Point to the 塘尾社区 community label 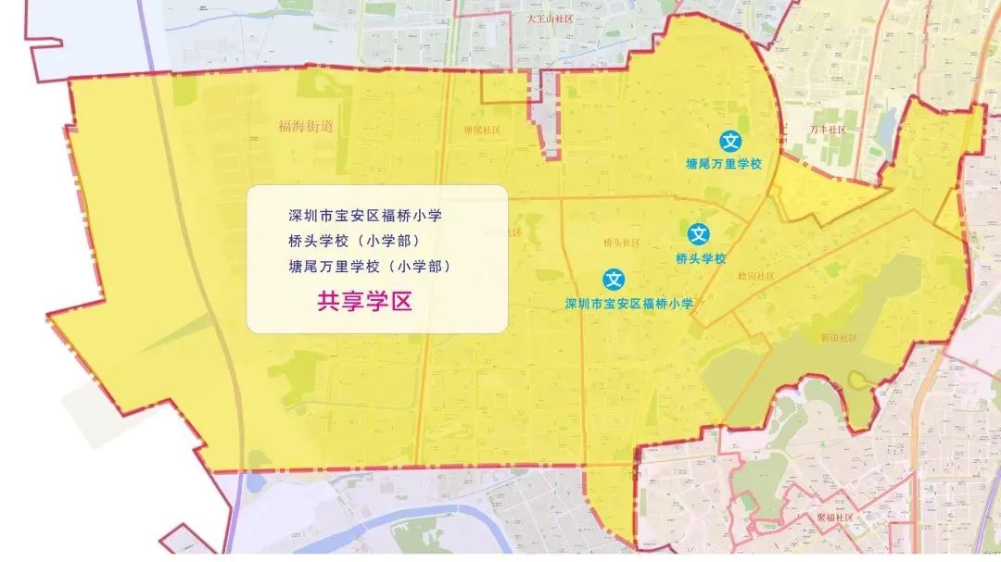(x=482, y=131)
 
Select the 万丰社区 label (x=827, y=130)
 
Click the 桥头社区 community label (x=621, y=243)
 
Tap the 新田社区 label (x=839, y=339)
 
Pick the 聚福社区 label (x=834, y=518)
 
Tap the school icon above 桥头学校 (x=699, y=234)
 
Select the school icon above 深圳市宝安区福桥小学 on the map (x=614, y=279)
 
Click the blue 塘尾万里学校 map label (x=723, y=164)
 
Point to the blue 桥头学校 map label (x=701, y=258)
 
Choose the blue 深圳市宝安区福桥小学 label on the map (x=629, y=303)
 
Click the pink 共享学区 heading (x=364, y=301)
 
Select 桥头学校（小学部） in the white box (x=354, y=241)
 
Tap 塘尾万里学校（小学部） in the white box (x=369, y=266)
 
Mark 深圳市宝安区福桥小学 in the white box (x=365, y=216)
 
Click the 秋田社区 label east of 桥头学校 (x=755, y=276)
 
